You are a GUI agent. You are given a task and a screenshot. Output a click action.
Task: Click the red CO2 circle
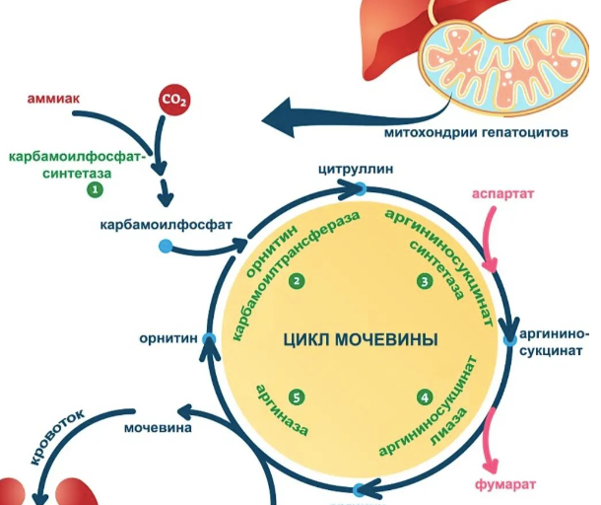click(x=174, y=100)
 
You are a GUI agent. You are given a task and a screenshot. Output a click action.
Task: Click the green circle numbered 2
click(x=295, y=282)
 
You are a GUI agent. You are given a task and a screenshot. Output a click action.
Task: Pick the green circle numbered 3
click(x=425, y=282)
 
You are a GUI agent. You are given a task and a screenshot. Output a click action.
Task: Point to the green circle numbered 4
click(x=425, y=397)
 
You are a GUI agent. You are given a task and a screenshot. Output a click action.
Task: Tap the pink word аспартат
click(x=502, y=194)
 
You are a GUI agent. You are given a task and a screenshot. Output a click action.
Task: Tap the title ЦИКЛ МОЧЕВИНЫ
click(x=360, y=340)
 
